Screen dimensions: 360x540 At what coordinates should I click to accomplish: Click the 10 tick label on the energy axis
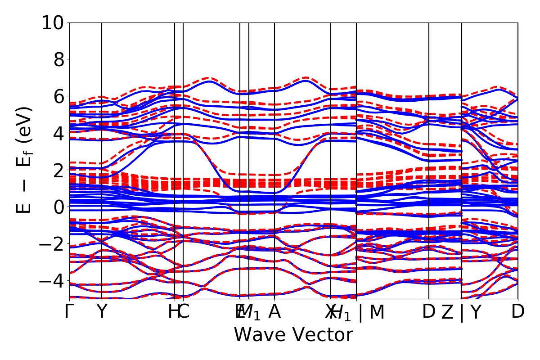point(53,22)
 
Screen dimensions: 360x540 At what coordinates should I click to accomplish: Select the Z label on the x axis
point(447,312)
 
